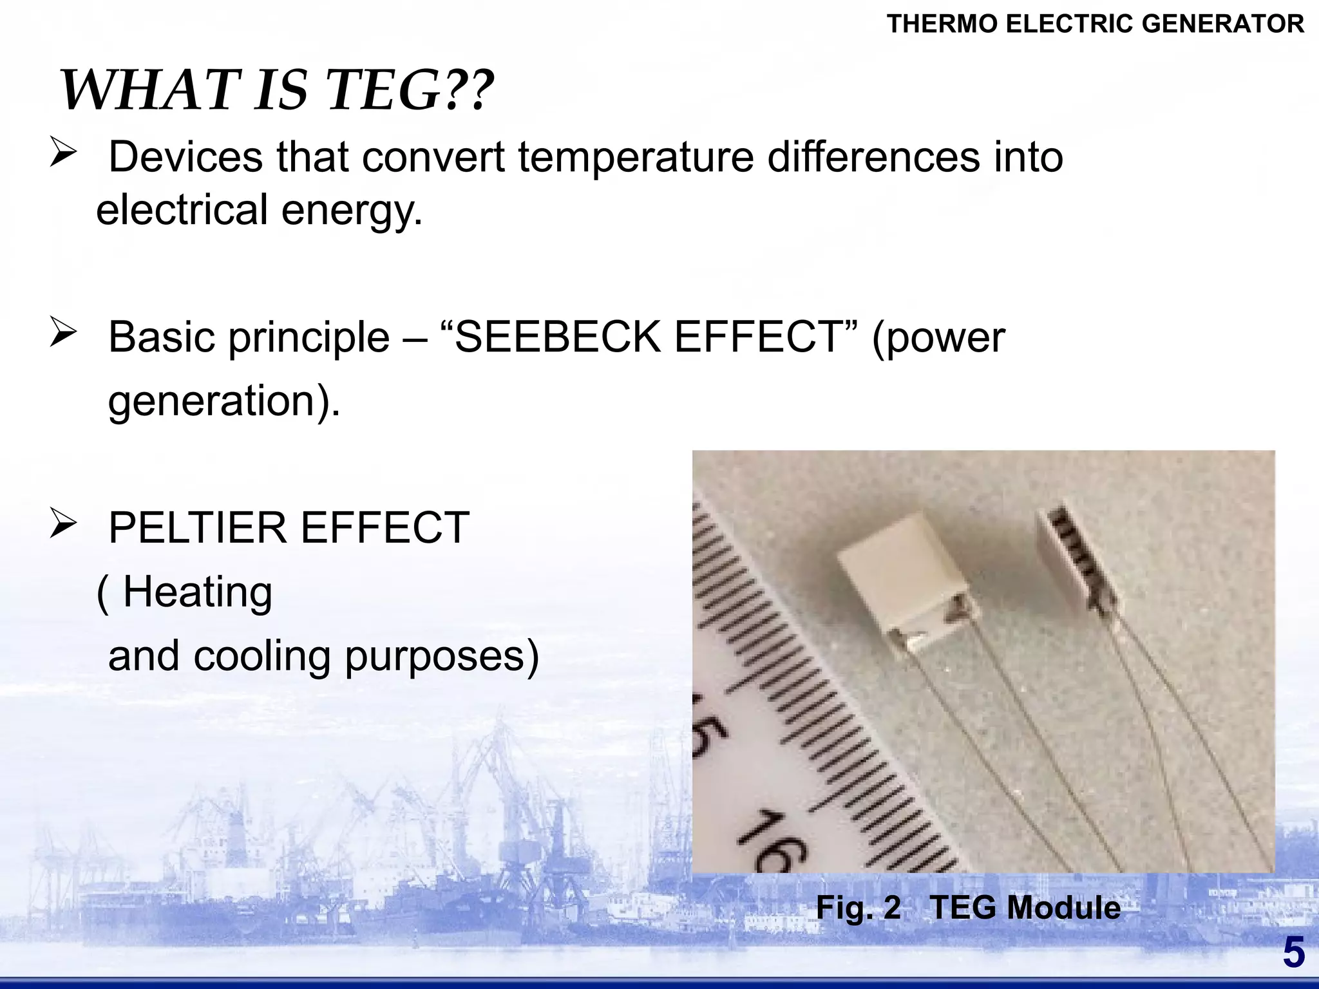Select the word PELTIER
click(197, 528)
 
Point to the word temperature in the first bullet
click(636, 157)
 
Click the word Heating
click(197, 592)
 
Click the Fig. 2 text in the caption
click(858, 908)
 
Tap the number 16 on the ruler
click(770, 840)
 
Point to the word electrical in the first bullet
click(182, 211)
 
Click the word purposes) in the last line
click(442, 657)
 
